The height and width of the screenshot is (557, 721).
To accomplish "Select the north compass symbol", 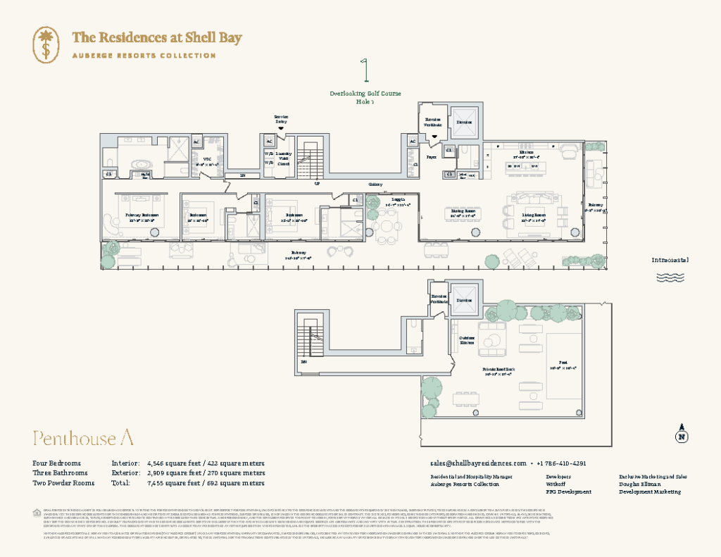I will [x=681, y=434].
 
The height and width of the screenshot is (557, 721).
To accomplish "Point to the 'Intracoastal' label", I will [x=670, y=260].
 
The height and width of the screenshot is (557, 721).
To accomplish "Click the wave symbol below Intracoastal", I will [x=670, y=277].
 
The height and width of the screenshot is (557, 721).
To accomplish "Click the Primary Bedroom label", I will [x=142, y=217].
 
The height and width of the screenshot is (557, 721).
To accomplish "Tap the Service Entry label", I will [x=282, y=119].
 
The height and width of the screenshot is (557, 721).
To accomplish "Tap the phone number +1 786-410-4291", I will [x=561, y=463].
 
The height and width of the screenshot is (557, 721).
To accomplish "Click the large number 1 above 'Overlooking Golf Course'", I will [x=365, y=72].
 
